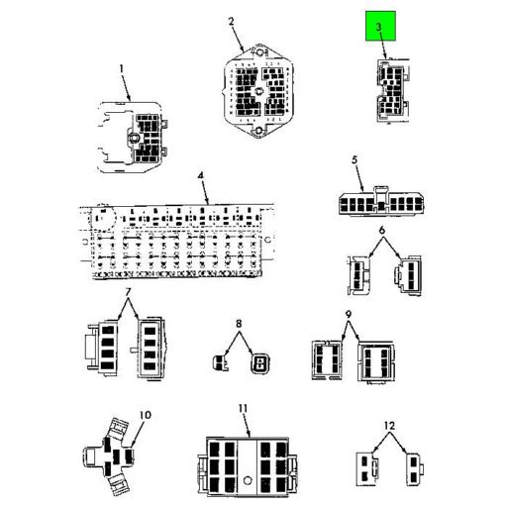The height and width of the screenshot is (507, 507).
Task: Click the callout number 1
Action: tap(122, 69)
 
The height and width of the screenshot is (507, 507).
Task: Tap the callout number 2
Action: tap(231, 22)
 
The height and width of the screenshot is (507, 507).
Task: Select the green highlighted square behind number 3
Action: tap(380, 26)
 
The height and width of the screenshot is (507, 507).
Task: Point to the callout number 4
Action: tap(201, 175)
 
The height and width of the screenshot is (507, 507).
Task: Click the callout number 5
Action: tap(355, 160)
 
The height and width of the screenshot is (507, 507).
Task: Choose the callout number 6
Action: tap(382, 230)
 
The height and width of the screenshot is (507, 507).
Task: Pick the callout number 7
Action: tap(128, 292)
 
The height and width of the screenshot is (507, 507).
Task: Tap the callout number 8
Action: tap(239, 324)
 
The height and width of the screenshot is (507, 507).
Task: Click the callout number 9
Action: tap(349, 315)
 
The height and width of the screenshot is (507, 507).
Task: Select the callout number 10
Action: tap(146, 415)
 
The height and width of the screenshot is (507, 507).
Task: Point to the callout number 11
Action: tap(243, 409)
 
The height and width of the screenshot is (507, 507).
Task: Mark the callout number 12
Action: tap(389, 426)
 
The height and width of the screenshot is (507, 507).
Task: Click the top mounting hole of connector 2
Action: tap(259, 51)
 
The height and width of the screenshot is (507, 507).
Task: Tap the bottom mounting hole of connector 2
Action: tap(258, 131)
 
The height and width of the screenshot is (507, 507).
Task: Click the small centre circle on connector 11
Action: tap(248, 480)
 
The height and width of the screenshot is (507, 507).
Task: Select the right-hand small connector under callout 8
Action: tap(259, 363)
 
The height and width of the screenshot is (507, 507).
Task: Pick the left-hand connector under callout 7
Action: tap(102, 348)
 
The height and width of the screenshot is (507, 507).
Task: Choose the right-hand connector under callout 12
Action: tap(414, 469)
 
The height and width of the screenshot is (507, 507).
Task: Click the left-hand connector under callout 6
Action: tap(358, 275)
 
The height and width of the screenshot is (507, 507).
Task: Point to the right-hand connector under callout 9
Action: tap(376, 362)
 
